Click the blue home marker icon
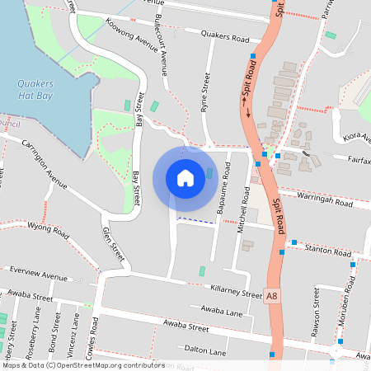(x=185, y=178)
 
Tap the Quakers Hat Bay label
(x=35, y=88)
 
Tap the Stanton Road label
(x=328, y=249)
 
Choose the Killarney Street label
(x=236, y=291)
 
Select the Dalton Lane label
(x=206, y=352)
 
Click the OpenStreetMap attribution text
(x=83, y=364)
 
